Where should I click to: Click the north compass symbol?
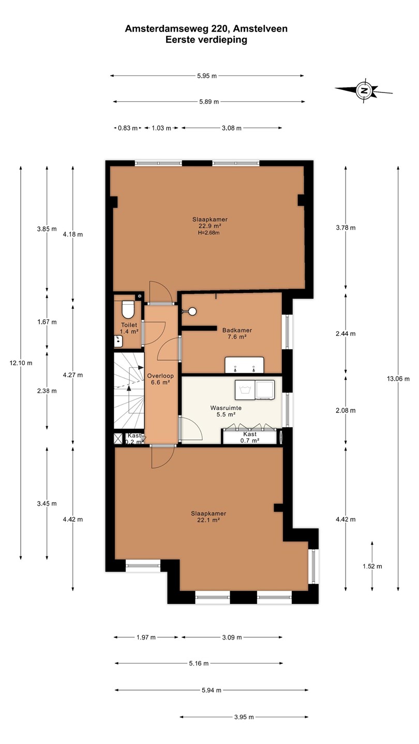click(364, 90)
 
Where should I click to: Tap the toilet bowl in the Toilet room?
click(128, 309)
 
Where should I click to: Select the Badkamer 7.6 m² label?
click(237, 333)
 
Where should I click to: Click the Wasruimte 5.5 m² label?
click(226, 411)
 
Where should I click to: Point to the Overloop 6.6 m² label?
click(160, 379)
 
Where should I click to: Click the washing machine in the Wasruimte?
click(245, 390)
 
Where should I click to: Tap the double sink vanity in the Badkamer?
click(244, 365)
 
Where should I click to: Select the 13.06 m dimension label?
click(398, 378)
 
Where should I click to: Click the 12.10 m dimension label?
click(21, 363)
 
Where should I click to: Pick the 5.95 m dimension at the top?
click(207, 76)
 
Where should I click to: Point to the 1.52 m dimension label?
click(372, 566)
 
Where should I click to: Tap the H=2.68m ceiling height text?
click(208, 233)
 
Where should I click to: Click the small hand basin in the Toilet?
click(118, 341)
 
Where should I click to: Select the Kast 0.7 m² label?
click(250, 437)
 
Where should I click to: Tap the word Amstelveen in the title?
click(260, 29)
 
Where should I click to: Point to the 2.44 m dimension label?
click(346, 333)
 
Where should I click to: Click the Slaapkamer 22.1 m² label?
click(208, 517)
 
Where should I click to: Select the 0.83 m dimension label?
click(128, 128)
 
